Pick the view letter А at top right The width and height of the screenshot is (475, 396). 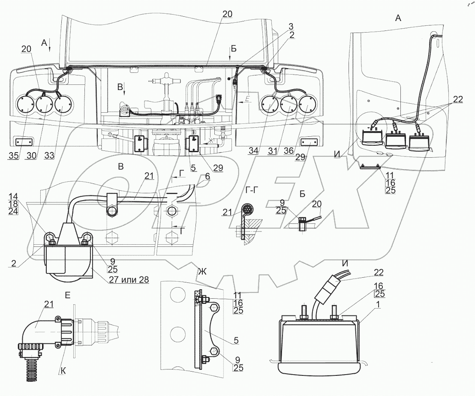point(397,18)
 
